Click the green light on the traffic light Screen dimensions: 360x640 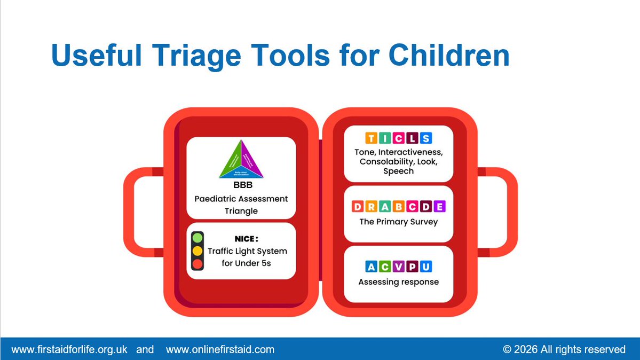(x=197, y=238)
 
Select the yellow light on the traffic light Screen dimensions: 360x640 (x=197, y=251)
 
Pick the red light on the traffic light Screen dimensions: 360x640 (x=197, y=263)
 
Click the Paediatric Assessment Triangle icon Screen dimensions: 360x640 (x=241, y=159)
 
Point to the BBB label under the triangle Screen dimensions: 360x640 (x=241, y=186)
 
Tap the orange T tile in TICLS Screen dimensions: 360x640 (x=371, y=138)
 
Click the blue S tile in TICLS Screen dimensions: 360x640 (x=425, y=138)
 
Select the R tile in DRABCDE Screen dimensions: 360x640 (x=372, y=207)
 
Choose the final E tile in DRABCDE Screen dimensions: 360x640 (x=439, y=207)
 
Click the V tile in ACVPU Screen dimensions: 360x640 (x=399, y=267)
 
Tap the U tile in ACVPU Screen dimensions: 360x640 (x=426, y=267)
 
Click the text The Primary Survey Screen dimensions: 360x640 (x=398, y=222)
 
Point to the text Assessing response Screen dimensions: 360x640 (x=398, y=281)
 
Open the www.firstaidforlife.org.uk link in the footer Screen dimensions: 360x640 (x=69, y=349)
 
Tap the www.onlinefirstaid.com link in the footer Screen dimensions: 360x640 (x=220, y=349)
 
